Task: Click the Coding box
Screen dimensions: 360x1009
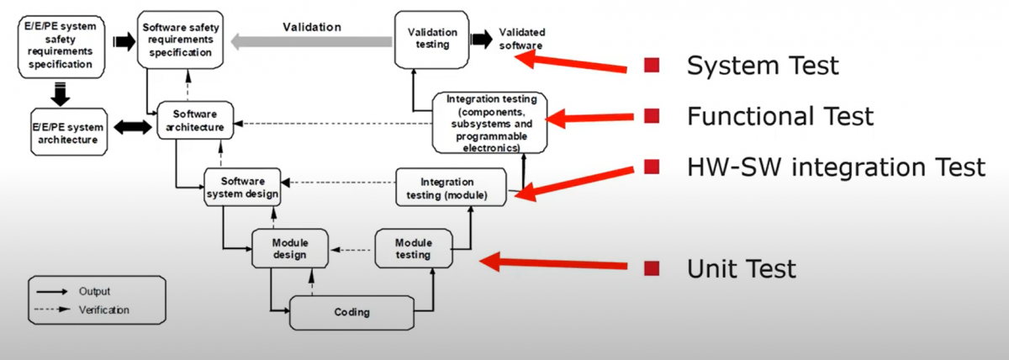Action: coord(351,312)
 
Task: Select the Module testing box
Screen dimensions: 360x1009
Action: coord(413,248)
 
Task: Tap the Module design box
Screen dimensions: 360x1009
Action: coord(289,249)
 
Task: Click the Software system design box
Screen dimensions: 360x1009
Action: coord(242,188)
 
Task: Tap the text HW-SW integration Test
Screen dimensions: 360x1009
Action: coord(836,167)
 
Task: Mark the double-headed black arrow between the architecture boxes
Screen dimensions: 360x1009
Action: coord(135,128)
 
